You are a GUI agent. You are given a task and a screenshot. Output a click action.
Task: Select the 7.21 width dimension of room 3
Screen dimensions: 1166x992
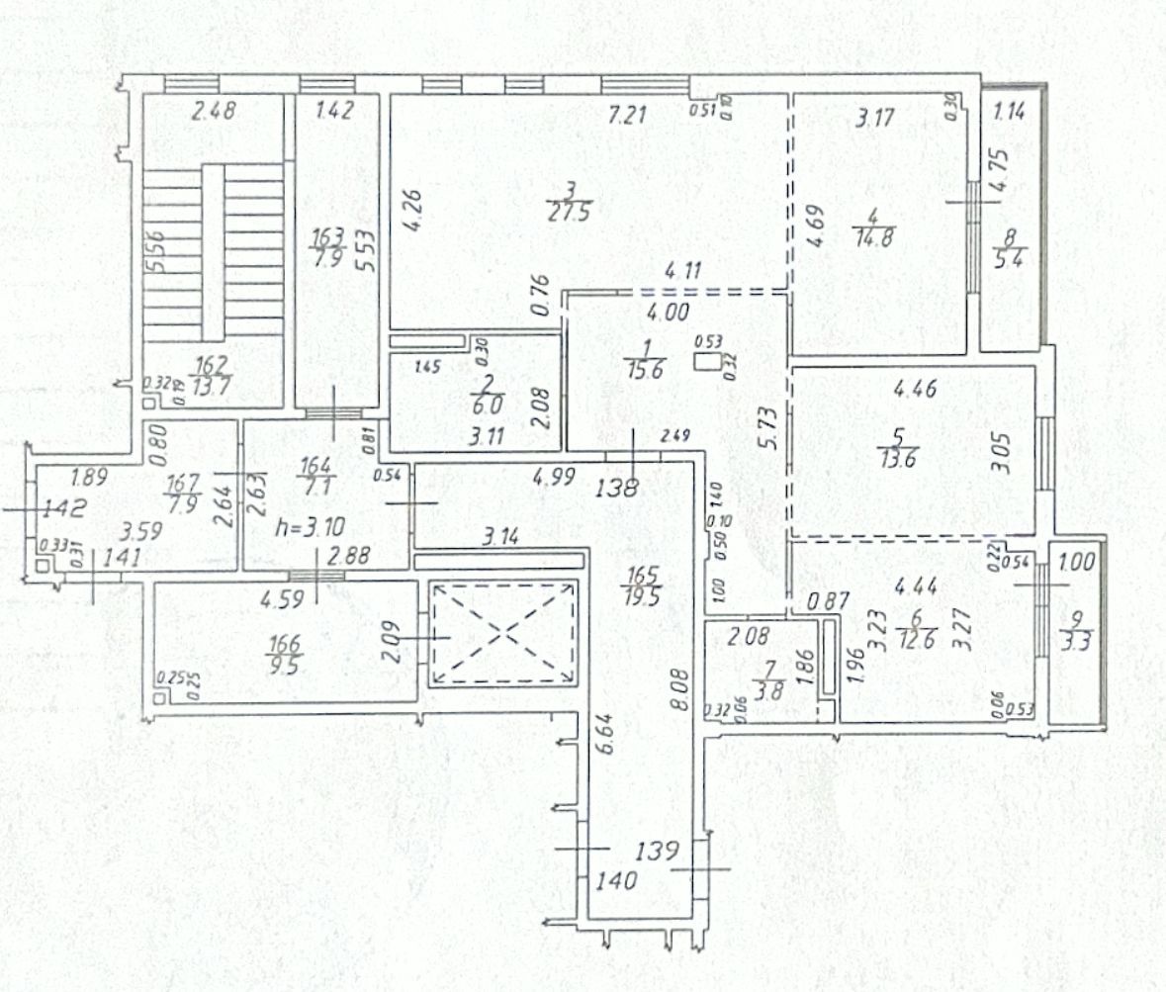coord(627,116)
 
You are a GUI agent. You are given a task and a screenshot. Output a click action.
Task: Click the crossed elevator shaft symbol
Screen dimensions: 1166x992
coord(501,633)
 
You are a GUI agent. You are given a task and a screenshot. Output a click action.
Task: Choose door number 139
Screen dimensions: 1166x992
coord(657,850)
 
